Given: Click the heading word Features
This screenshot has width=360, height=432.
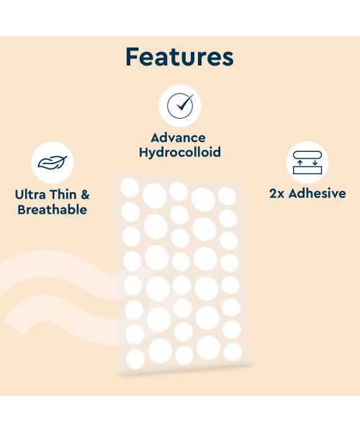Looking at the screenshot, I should tap(179, 57).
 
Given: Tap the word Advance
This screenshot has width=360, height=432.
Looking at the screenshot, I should tap(178, 138).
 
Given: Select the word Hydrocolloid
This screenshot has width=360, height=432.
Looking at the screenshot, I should tap(179, 153).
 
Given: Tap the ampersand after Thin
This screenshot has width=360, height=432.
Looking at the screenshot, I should tap(84, 194).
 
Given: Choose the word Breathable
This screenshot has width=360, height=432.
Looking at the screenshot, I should tap(52, 210).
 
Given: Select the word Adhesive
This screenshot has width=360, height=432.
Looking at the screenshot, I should tap(317, 193).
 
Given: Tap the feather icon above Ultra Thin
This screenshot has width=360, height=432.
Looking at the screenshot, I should tap(53, 162).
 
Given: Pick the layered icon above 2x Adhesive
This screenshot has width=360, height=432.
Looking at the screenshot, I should tap(307, 161).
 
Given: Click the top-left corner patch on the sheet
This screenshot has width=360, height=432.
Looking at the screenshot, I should tap(130, 189).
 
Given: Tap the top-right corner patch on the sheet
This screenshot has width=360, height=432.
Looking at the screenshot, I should tap(227, 196).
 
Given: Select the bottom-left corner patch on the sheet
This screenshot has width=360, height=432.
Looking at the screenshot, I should tap(135, 358).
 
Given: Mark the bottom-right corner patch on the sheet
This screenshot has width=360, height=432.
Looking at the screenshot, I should tap(233, 351).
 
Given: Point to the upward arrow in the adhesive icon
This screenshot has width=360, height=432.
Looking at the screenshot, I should tap(300, 164).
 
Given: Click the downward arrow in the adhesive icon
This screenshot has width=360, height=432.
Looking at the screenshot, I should tap(315, 163).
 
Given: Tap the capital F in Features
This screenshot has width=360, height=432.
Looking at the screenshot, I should tap(133, 57).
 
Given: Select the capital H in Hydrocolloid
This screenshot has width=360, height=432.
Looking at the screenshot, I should tap(143, 152).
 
